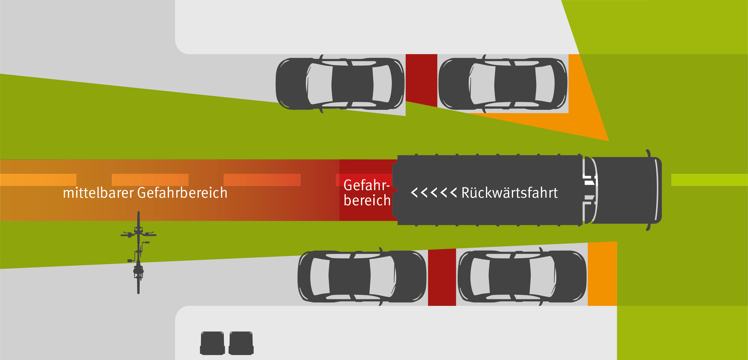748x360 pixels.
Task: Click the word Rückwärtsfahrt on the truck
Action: pos(509,193)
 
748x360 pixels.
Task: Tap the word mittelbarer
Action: pos(98,193)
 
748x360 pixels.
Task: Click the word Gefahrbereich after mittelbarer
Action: pos(182,193)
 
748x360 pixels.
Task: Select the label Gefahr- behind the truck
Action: pos(367,185)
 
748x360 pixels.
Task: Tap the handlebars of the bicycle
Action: pos(138,234)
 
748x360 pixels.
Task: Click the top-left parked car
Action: pos(340,84)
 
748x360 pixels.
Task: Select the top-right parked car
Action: pos(503,84)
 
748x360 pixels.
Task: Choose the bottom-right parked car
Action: pos(522,276)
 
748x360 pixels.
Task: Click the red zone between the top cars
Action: pos(421,78)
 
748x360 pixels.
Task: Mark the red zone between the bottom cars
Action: pos(442,277)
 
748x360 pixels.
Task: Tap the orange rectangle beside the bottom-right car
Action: pos(602,274)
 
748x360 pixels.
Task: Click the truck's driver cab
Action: pos(624,190)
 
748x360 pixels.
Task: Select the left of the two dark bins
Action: pos(212,343)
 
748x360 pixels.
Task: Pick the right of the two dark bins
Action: pos(241,343)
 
